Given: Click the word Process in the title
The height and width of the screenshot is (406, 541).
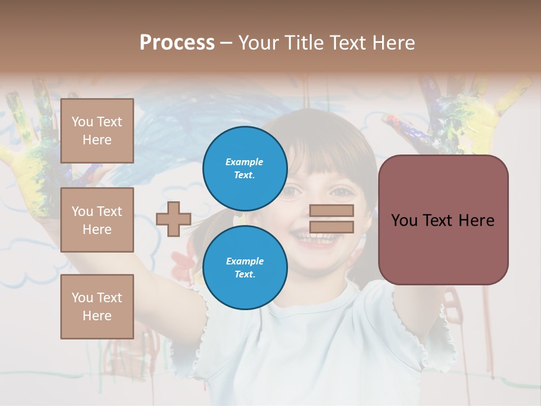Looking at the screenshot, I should tap(177, 42).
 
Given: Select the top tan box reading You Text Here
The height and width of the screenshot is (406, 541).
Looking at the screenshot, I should tap(97, 131).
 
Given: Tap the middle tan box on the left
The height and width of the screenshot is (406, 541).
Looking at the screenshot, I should tap(97, 220).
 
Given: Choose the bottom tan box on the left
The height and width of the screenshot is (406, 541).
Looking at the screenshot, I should tap(97, 306).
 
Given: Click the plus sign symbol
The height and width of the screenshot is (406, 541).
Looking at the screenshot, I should tap(173, 219).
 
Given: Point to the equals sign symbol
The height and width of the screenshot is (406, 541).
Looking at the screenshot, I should tap(331, 219).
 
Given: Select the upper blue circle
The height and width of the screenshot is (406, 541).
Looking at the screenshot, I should tap(245, 169).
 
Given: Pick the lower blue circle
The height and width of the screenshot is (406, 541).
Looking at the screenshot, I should tap(245, 267).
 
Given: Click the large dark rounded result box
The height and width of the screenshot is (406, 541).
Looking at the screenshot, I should tap(443, 220).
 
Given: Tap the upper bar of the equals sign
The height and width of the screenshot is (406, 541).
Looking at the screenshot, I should tap(331, 210).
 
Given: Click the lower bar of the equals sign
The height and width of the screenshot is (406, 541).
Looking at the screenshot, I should tap(331, 227).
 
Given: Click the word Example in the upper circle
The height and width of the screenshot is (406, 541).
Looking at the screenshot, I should tap(245, 162).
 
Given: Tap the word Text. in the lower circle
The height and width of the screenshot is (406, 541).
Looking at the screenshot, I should tap(245, 275).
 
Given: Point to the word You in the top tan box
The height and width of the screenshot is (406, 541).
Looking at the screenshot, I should tap(82, 122).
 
